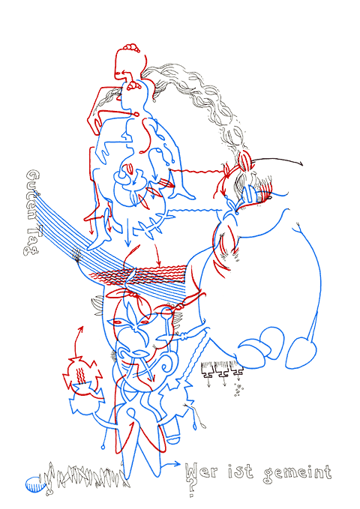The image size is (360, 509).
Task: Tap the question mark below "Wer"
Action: click(x=193, y=490)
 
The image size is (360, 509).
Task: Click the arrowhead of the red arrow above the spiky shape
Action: click(x=78, y=328)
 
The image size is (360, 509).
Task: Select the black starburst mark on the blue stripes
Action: click(x=77, y=257)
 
